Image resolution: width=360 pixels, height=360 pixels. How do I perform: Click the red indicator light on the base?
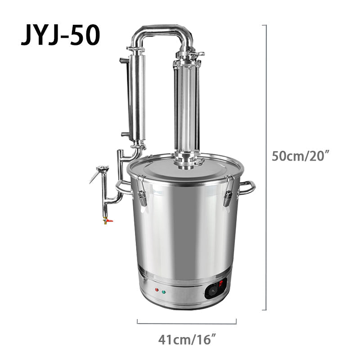(156, 290)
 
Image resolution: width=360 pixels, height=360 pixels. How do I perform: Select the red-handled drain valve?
(107, 220)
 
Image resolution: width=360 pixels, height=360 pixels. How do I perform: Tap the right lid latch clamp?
(228, 191)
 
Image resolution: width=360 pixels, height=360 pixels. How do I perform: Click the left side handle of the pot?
(122, 186)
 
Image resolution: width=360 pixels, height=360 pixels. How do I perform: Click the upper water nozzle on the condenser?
(122, 60)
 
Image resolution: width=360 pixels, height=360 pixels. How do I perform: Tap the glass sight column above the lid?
(186, 108)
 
